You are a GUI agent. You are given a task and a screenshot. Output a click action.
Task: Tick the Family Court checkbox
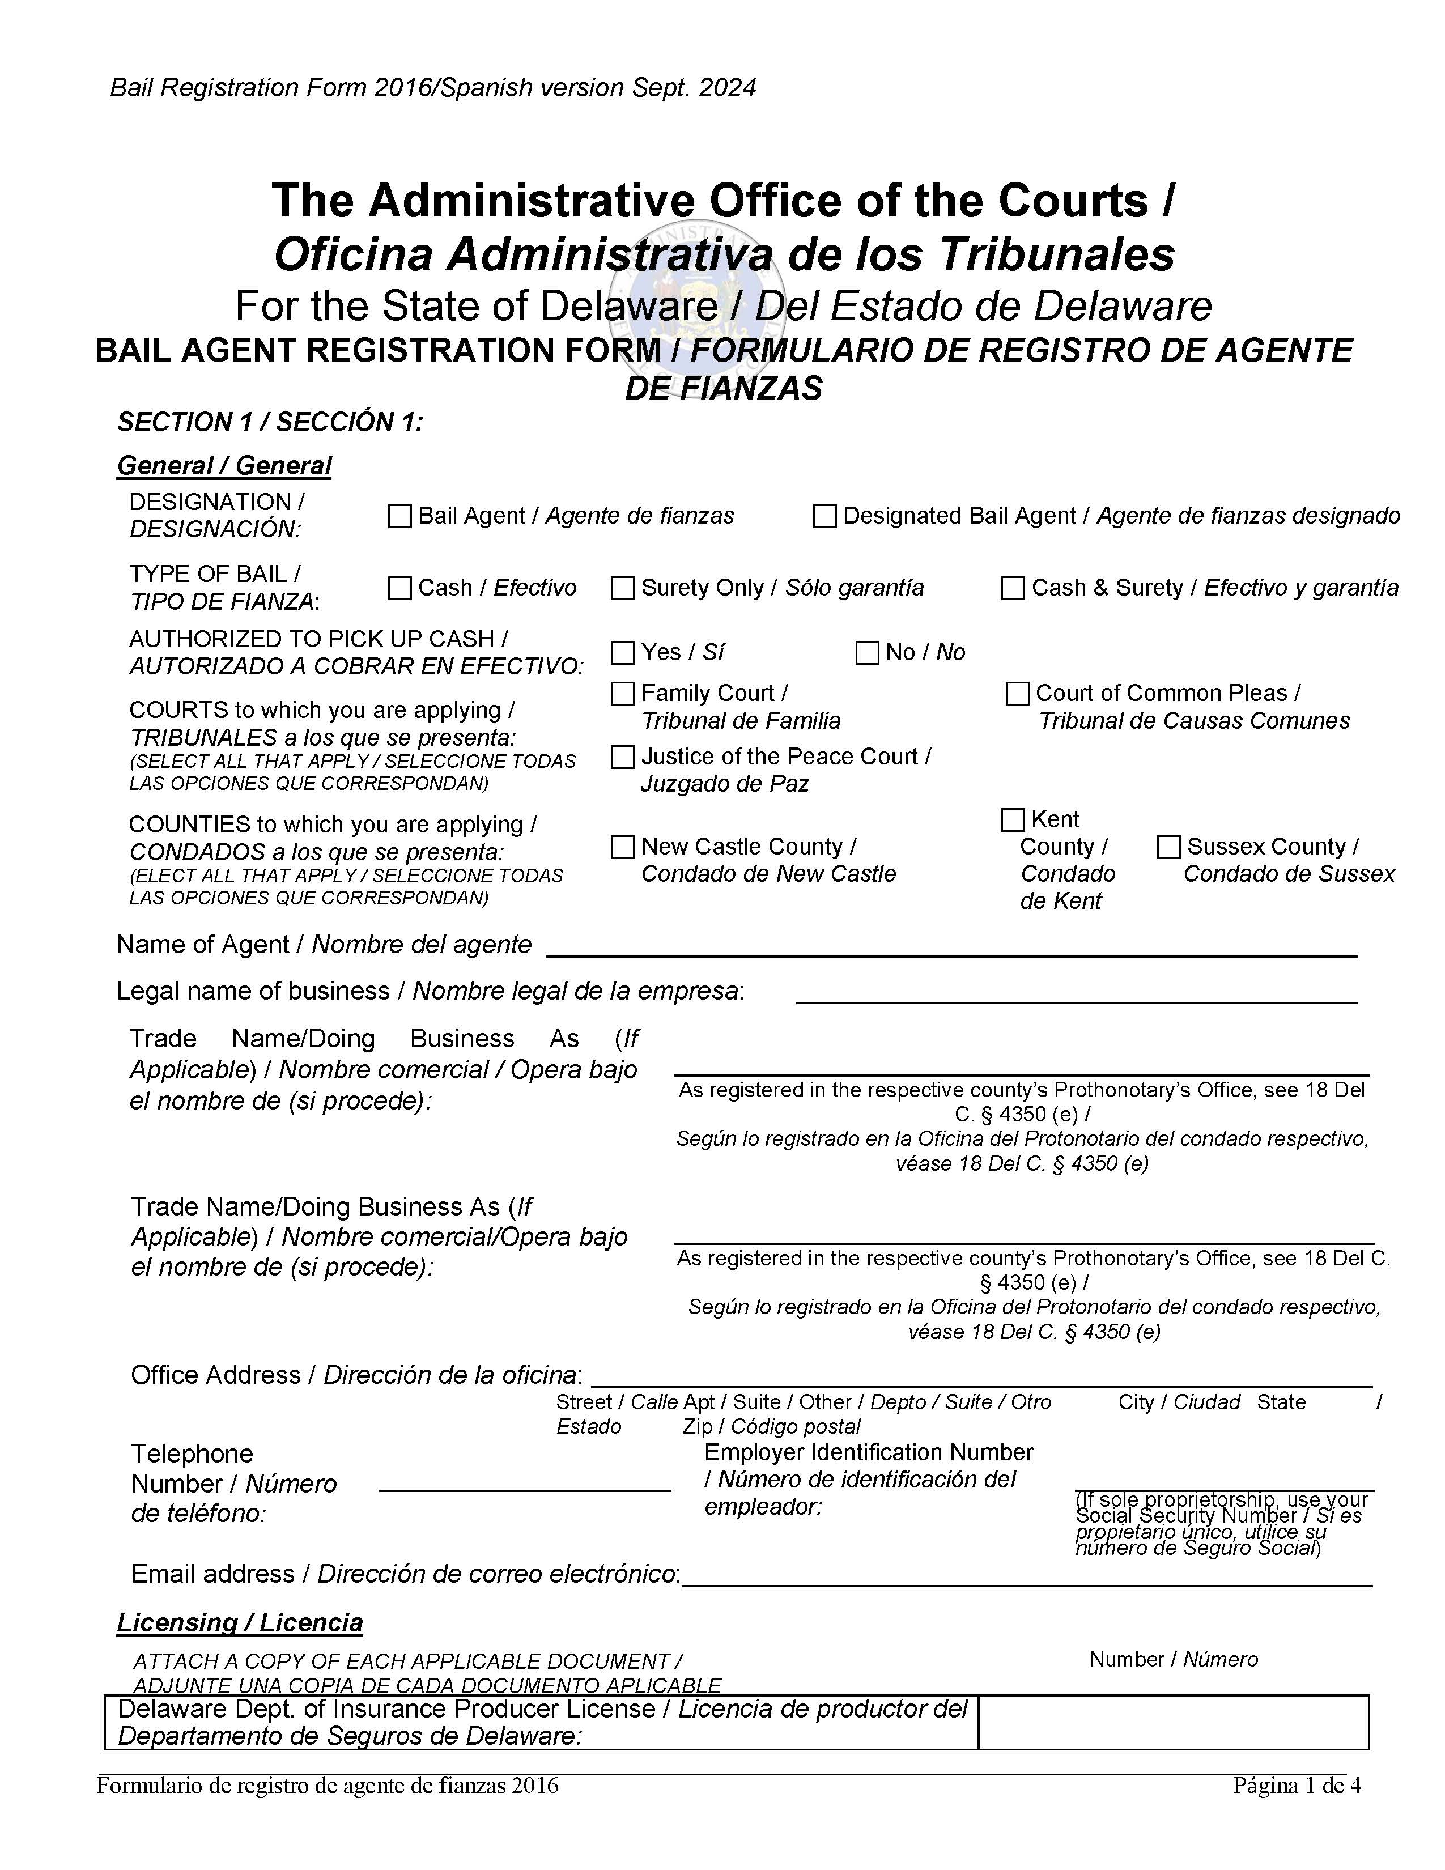(622, 694)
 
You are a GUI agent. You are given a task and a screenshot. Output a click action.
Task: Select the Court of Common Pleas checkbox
(1017, 694)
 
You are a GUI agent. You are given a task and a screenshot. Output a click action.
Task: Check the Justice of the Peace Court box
(622, 757)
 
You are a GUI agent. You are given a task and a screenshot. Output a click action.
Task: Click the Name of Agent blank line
(950, 946)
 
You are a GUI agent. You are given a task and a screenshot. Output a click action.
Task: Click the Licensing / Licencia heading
(240, 1622)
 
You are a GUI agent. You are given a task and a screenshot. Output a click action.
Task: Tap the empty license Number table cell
(1173, 1723)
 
